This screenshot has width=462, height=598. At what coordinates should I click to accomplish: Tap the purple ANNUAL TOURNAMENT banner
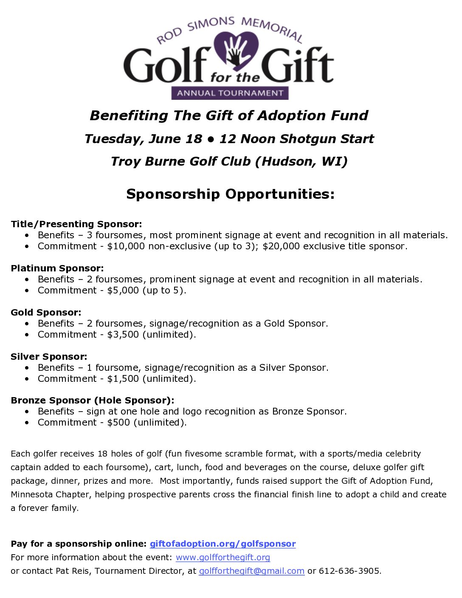[230, 93]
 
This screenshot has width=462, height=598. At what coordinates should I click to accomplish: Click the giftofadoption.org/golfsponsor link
[223, 544]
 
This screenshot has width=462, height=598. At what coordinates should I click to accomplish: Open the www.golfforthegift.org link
[223, 557]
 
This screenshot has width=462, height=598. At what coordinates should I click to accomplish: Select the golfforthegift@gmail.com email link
[251, 571]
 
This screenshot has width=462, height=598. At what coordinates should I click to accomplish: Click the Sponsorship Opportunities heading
[231, 194]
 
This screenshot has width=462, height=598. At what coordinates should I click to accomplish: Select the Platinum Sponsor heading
[57, 268]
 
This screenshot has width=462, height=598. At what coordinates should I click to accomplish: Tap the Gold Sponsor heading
[46, 313]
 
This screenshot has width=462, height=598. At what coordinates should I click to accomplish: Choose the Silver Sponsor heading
[49, 357]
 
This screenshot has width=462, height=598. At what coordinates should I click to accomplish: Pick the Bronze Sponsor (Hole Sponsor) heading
[93, 401]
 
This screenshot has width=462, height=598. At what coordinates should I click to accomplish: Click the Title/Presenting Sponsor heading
[76, 224]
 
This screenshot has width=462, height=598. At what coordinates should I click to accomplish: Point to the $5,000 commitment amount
[123, 291]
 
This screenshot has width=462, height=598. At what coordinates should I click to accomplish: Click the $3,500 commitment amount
[123, 335]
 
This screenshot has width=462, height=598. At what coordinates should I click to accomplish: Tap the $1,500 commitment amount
[123, 379]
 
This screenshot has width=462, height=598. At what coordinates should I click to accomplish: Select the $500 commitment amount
[118, 423]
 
